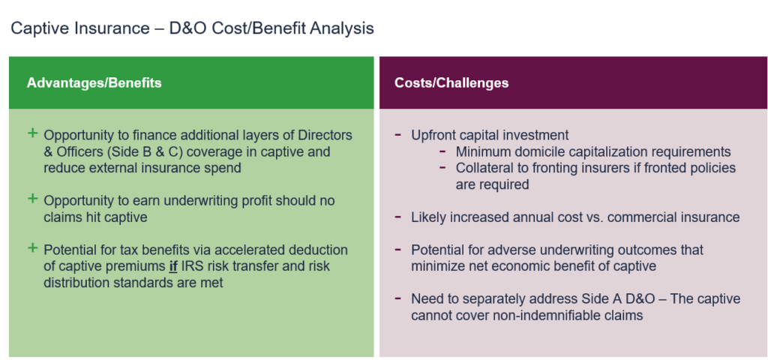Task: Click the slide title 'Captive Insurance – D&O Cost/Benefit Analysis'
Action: (x=192, y=29)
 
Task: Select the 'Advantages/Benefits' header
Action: (x=94, y=82)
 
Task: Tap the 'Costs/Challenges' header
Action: (x=451, y=82)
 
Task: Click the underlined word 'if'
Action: (x=173, y=266)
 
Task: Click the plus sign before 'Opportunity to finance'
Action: (x=32, y=133)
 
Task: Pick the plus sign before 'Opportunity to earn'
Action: (x=32, y=199)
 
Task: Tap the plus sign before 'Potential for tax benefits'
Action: (x=32, y=248)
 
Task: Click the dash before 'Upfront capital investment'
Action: (x=397, y=135)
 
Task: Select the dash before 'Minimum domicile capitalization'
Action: (x=444, y=151)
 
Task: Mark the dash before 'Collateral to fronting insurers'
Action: (x=444, y=168)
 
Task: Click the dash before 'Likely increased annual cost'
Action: (x=397, y=217)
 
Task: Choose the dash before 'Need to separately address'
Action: (x=397, y=299)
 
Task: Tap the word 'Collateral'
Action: (x=485, y=168)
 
